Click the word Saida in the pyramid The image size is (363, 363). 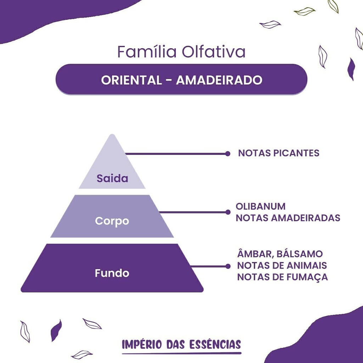click(112, 179)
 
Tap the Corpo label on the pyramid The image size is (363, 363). click(112, 221)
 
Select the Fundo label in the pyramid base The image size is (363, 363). click(112, 273)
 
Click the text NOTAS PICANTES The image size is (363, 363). click(279, 153)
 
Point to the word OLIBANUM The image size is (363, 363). click(261, 206)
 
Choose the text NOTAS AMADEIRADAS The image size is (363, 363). click(288, 218)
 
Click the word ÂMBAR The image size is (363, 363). click(254, 254)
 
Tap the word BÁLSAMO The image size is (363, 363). click(300, 254)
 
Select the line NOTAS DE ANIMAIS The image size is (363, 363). click(282, 266)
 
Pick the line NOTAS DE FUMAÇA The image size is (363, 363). click(283, 277)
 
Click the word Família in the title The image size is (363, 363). click(147, 51)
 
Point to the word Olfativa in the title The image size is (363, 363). click(213, 51)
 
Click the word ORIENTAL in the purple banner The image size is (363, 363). click(131, 80)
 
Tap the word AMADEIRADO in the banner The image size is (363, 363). click(219, 80)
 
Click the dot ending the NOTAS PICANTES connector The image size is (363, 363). click(228, 154)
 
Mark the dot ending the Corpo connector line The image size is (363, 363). click(228, 212)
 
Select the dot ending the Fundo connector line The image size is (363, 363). click(228, 266)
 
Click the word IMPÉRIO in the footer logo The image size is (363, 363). click(142, 345)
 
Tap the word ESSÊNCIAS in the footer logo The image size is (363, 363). click(215, 344)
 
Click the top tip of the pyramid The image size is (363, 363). click(112, 134)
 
